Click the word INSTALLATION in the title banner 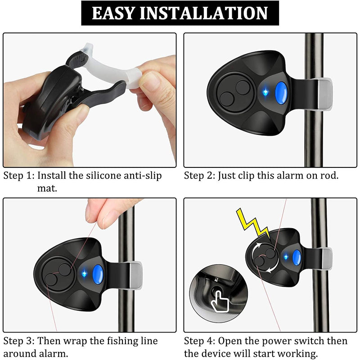(x=204, y=13)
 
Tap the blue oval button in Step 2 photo (x=281, y=93)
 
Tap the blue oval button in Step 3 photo (x=98, y=274)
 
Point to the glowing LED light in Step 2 (x=266, y=93)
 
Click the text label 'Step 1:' (x=19, y=175)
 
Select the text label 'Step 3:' (x=19, y=341)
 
